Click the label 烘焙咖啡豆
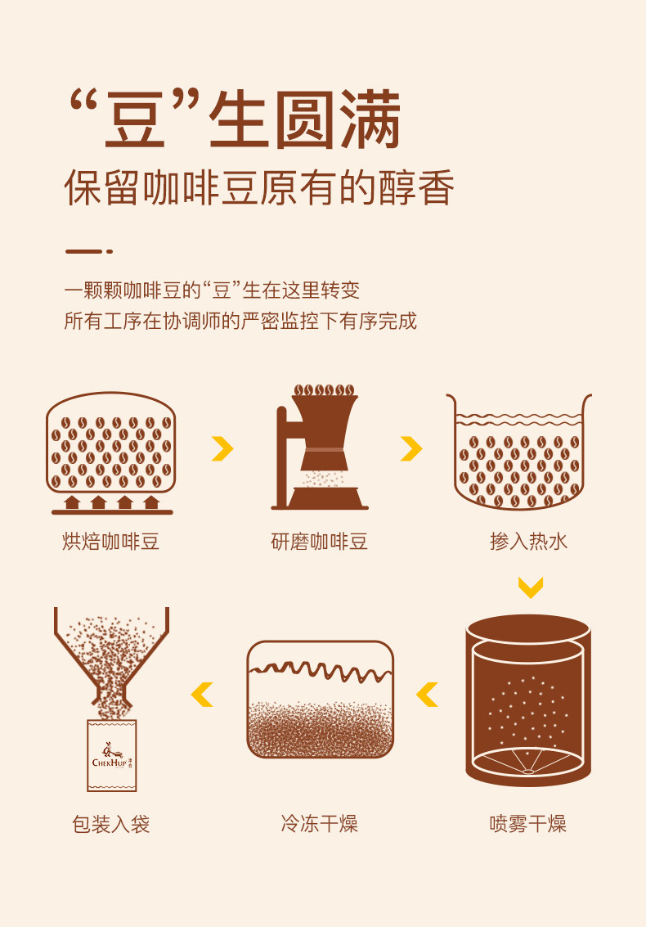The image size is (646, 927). click(110, 542)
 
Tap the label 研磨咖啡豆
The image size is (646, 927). click(319, 542)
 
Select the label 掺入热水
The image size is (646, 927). click(528, 542)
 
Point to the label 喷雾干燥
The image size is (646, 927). click(527, 824)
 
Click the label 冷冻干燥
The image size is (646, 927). click(319, 824)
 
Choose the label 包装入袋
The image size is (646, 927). click(110, 824)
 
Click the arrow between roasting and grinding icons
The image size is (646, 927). click(222, 448)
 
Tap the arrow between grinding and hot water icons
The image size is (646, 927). click(411, 448)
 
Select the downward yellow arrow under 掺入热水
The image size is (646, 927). click(530, 587)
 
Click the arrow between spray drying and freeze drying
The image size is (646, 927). click(427, 695)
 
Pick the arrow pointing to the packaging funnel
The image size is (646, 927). click(201, 695)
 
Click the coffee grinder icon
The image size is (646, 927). click(320, 448)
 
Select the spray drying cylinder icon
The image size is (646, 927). click(528, 700)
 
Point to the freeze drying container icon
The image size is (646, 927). click(320, 700)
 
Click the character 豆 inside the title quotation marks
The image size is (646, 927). click(134, 120)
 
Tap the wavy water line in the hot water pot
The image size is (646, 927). click(519, 419)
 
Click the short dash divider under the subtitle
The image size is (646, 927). click(88, 251)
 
